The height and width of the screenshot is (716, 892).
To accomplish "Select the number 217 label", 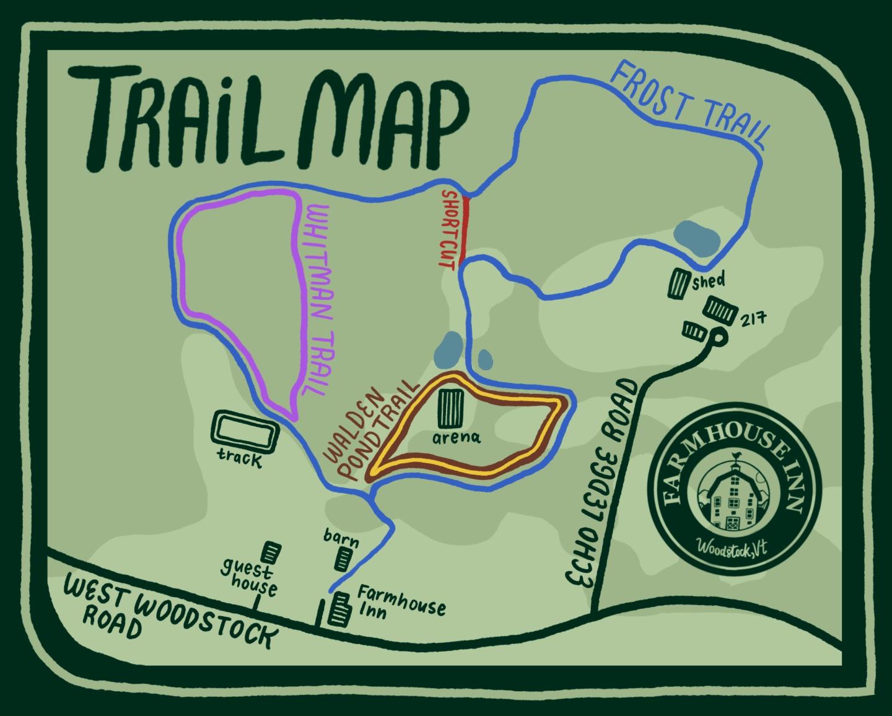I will [x=753, y=320].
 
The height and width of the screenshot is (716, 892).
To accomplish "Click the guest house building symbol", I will [x=270, y=551].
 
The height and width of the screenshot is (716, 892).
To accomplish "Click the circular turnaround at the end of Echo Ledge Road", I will [x=718, y=338].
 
